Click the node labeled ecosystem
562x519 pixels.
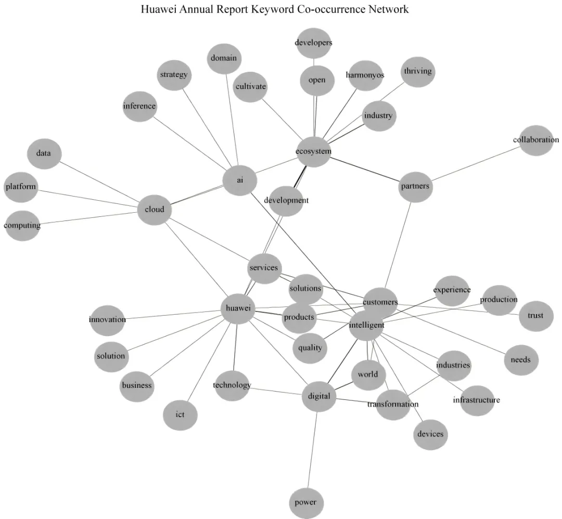click(x=313, y=151)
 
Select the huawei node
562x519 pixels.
click(x=238, y=308)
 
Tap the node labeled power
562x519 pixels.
click(x=305, y=503)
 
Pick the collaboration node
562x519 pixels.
click(x=536, y=140)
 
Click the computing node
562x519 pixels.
click(x=22, y=225)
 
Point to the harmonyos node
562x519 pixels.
click(x=365, y=75)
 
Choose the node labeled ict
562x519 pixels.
click(x=180, y=414)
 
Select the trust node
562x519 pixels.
click(x=535, y=316)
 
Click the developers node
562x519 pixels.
click(x=313, y=43)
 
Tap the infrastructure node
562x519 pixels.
click(x=477, y=400)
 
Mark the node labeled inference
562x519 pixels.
click(x=139, y=106)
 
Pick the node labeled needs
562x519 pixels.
click(x=521, y=359)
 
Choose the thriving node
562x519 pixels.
click(x=418, y=71)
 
